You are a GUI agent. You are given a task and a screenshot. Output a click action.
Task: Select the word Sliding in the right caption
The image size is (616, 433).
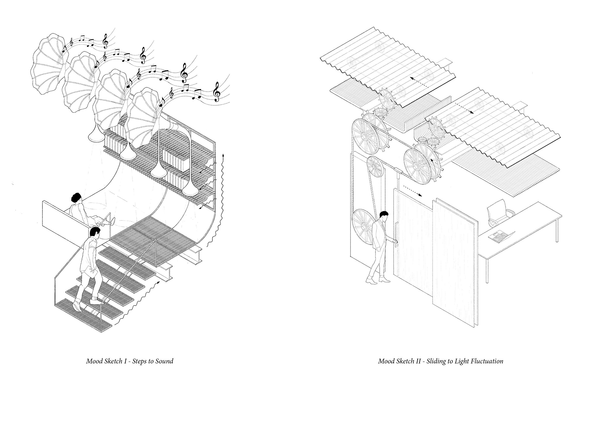(x=429, y=361)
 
